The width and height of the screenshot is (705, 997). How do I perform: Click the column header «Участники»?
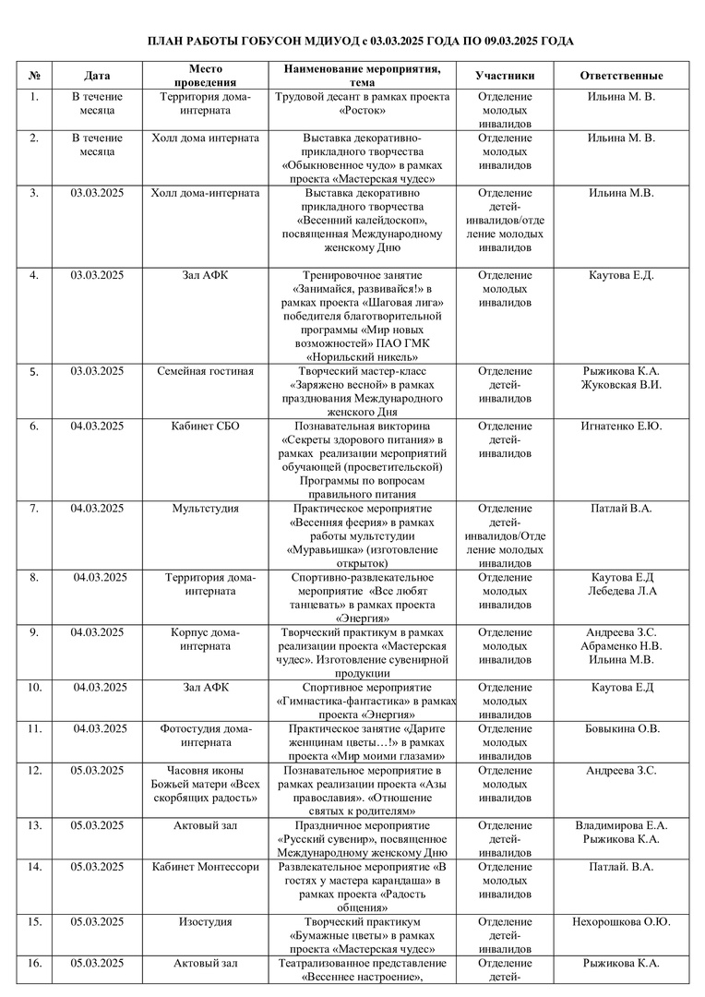(x=505, y=76)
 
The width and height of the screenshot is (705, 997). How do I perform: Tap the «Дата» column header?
(x=97, y=76)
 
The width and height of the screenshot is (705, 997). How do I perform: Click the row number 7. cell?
(x=34, y=509)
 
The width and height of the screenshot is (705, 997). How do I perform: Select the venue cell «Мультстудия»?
(x=205, y=509)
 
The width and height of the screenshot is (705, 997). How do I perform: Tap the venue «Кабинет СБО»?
(x=205, y=426)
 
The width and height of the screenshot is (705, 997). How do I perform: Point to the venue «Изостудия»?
(x=205, y=922)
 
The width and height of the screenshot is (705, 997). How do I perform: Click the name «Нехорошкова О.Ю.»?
(x=621, y=922)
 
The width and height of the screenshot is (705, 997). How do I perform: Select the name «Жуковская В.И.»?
(x=621, y=385)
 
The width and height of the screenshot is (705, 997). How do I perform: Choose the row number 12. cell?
(x=34, y=771)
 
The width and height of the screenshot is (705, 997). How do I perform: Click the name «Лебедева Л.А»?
(x=621, y=591)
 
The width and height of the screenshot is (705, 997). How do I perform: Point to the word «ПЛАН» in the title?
(x=171, y=42)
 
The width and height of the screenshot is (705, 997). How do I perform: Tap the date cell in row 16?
(x=97, y=964)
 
